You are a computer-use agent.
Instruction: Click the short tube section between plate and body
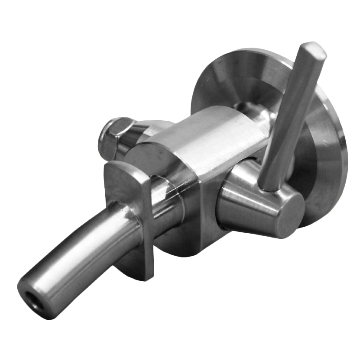click(x=167, y=199)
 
